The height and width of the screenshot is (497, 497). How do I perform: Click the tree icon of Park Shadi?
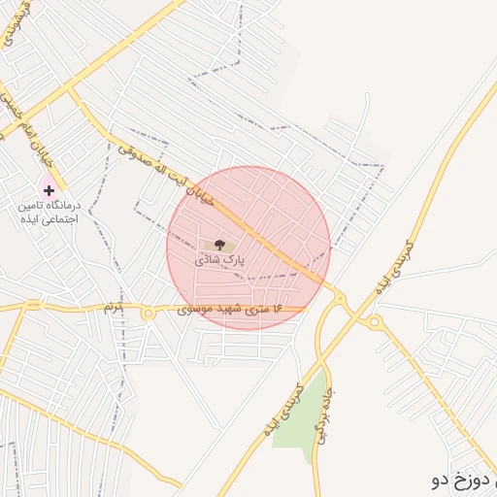(x=217, y=245)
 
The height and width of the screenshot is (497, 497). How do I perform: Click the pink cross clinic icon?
(x=49, y=190)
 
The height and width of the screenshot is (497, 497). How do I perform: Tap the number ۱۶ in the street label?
(x=272, y=309)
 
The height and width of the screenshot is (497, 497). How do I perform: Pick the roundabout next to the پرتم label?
(x=148, y=313)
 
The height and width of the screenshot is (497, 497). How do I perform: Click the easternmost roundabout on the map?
(x=375, y=320)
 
